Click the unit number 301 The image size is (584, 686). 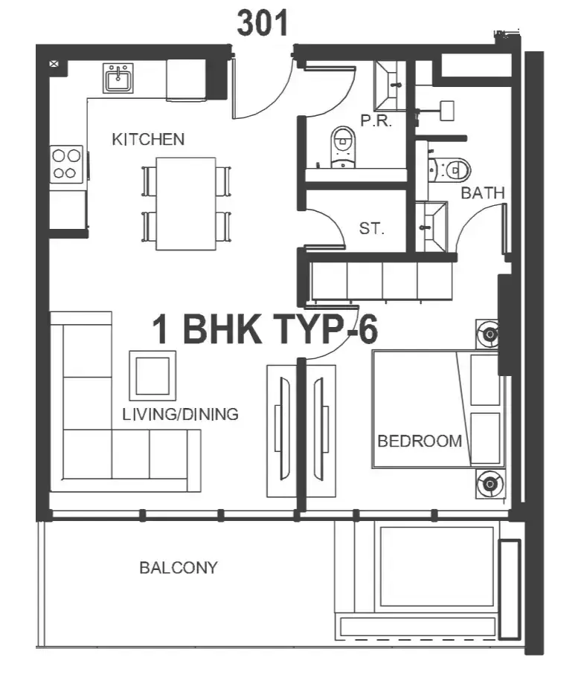263,23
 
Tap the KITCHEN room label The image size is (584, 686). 148,139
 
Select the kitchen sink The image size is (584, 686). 118,78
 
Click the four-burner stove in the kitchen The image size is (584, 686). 66,164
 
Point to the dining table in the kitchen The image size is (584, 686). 186,204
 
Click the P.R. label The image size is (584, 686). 376,120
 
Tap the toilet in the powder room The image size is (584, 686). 343,146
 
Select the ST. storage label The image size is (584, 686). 372,228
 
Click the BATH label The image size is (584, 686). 483,192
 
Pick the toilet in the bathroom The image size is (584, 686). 449,169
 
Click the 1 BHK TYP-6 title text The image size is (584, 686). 265,329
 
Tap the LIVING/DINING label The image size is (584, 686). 180,414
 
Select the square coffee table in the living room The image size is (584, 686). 153,376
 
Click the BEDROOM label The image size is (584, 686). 420,441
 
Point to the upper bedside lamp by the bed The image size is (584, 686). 490,334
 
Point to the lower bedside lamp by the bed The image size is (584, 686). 490,484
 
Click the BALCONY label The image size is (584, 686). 179,567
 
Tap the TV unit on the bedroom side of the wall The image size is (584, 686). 321,431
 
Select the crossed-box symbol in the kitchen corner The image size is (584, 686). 54,64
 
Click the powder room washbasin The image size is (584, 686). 390,85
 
